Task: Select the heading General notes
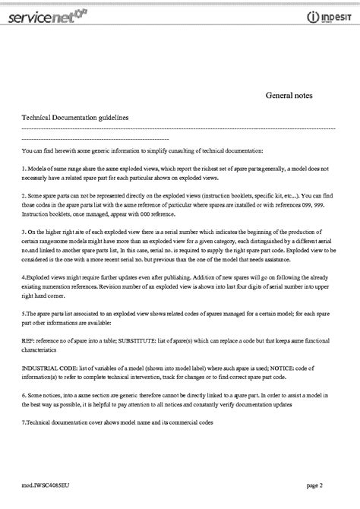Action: (x=288, y=96)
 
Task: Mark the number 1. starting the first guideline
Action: (x=24, y=166)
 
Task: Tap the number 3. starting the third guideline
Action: (x=24, y=226)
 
